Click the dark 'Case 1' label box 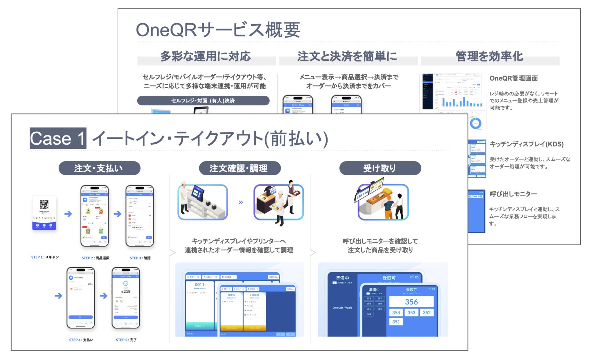(58, 139)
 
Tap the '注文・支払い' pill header (99, 168)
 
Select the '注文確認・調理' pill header (239, 168)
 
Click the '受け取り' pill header (380, 168)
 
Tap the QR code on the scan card (44, 205)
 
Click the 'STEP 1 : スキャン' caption (45, 257)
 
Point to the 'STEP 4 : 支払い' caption (81, 340)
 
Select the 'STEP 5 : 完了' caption (126, 340)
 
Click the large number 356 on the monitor (411, 302)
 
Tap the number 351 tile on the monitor (396, 322)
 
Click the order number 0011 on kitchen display (199, 285)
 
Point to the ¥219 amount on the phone (126, 291)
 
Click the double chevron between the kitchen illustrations (241, 202)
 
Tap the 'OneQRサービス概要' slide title (218, 30)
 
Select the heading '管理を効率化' (489, 57)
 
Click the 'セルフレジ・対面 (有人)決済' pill (203, 101)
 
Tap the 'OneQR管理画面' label (513, 79)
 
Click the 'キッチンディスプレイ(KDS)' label (526, 144)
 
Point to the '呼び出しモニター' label (513, 194)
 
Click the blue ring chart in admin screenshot (476, 123)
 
